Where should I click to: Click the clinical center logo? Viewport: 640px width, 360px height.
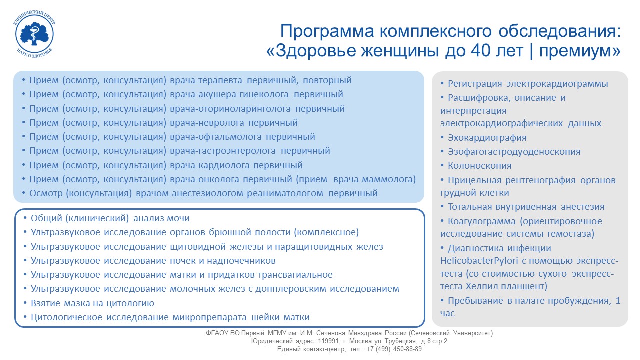[34, 34]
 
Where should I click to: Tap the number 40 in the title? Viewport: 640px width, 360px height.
[481, 51]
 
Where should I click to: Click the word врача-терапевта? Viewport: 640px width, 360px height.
[206, 80]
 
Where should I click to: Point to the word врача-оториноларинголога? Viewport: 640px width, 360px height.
[230, 109]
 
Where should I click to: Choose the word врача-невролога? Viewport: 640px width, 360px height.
[207, 123]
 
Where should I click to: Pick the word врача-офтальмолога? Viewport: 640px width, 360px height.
[215, 137]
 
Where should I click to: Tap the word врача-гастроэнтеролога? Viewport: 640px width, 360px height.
[223, 151]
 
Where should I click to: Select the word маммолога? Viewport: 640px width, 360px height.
[389, 179]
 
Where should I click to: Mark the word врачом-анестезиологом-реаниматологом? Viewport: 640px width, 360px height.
[229, 193]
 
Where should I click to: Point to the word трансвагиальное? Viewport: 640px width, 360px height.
[295, 275]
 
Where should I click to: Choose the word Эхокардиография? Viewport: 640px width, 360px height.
[487, 138]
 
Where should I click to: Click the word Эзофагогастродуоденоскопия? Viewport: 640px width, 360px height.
[514, 151]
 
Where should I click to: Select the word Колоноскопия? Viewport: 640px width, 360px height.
[479, 166]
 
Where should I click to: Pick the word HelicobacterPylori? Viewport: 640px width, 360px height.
[479, 261]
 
